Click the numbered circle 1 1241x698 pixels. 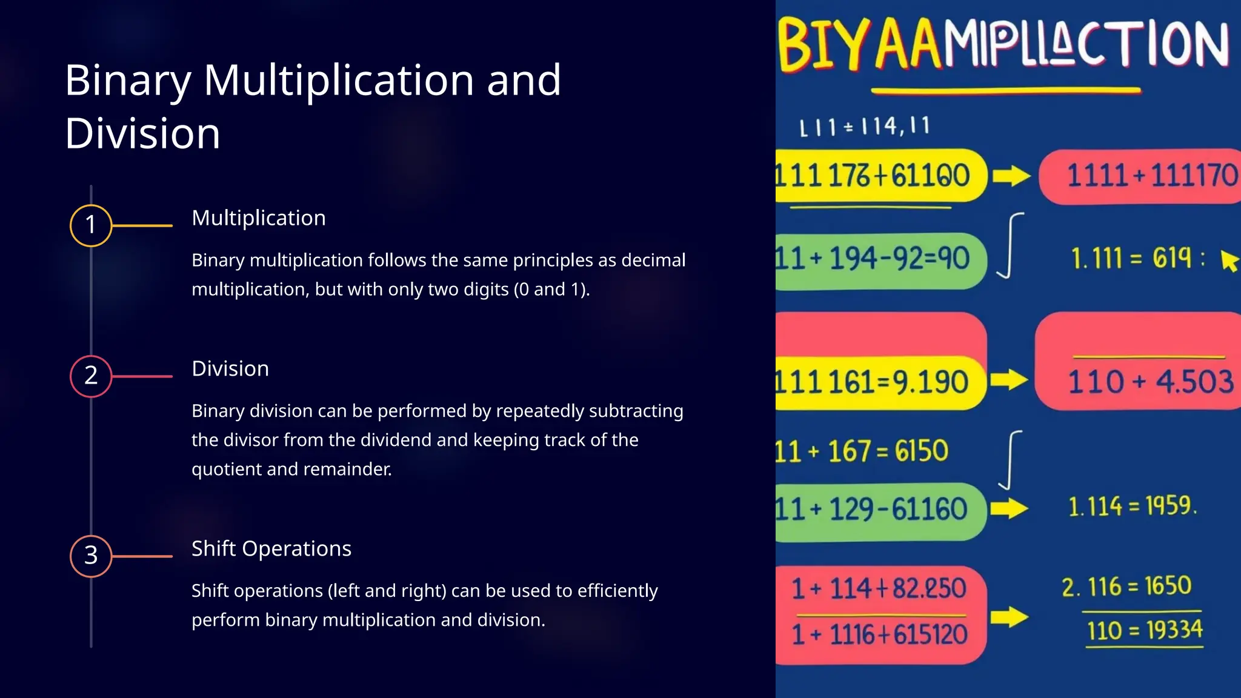(x=91, y=225)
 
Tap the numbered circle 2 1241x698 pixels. (x=91, y=376)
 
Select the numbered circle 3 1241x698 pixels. (x=91, y=556)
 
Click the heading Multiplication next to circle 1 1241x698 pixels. (x=259, y=218)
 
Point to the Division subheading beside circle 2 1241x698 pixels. (x=230, y=368)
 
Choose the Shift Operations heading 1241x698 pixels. (x=271, y=548)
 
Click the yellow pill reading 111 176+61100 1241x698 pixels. (x=879, y=176)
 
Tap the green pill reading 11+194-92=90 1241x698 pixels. (x=879, y=259)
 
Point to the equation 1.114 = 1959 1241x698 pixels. (x=1132, y=506)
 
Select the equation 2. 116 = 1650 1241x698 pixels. (x=1126, y=587)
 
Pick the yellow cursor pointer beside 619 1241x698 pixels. (x=1229, y=261)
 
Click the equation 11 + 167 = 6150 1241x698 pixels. (x=862, y=451)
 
